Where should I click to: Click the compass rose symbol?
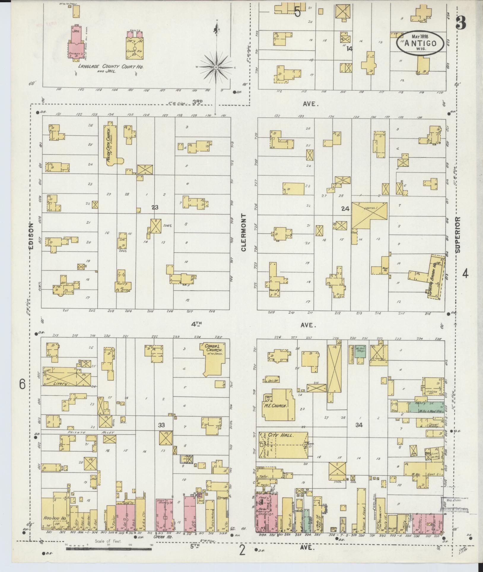coord(216,68)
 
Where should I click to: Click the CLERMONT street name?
coord(244,232)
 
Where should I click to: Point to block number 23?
coord(155,208)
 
